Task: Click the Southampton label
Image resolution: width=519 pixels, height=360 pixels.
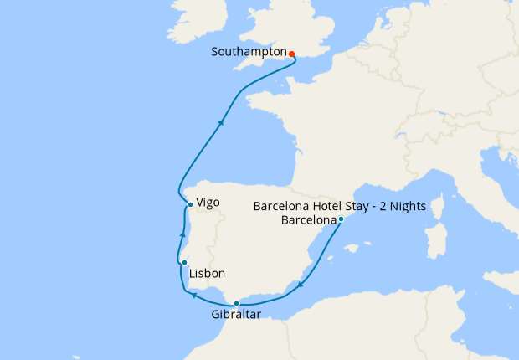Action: (249, 52)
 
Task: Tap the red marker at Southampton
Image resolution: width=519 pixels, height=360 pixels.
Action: (291, 54)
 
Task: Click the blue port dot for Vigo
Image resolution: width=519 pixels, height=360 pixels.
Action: (191, 204)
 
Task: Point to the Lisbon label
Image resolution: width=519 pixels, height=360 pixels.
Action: (207, 274)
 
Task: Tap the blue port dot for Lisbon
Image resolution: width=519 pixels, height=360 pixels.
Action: (184, 263)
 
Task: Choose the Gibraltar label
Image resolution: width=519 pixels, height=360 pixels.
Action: (237, 315)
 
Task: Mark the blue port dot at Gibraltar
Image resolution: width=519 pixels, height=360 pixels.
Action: (237, 303)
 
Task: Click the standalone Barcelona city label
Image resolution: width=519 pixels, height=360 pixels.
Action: (309, 221)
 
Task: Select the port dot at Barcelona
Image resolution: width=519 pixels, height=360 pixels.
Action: (342, 219)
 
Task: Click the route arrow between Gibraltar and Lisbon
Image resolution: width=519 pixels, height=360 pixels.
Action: (193, 295)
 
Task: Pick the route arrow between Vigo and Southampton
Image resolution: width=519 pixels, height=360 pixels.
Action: (221, 122)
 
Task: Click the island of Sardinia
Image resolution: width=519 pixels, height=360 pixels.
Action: (435, 240)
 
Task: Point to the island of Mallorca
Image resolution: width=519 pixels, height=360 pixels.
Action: (354, 248)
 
